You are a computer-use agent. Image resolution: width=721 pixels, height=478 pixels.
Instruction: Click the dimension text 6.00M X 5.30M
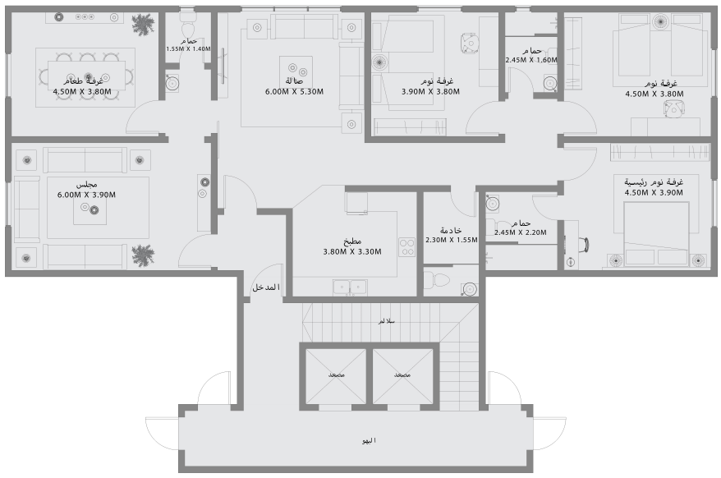point(293,92)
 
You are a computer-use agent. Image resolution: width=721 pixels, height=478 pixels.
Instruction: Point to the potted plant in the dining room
point(145,25)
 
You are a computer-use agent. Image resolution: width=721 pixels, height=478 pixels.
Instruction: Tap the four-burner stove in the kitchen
point(406,246)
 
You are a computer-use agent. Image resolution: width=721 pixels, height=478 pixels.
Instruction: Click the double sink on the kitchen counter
point(350,287)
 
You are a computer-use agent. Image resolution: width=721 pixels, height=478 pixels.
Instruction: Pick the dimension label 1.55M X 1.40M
point(189,49)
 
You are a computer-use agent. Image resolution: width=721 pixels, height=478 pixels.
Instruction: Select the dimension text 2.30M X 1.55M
point(451,241)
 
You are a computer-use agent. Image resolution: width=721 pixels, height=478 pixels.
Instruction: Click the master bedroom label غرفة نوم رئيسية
point(654,182)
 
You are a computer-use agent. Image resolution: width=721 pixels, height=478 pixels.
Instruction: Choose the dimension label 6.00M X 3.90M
point(86,195)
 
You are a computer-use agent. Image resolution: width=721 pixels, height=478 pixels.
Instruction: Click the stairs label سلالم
point(385,320)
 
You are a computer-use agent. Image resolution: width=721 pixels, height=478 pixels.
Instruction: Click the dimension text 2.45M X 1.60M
point(531,60)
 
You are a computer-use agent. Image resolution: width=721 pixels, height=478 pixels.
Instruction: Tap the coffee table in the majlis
point(88,211)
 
